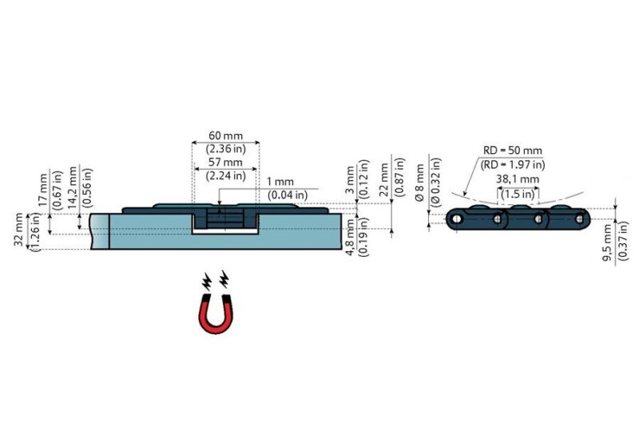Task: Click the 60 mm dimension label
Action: (x=225, y=136)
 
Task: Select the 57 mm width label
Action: (x=225, y=162)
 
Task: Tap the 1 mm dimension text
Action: (x=280, y=182)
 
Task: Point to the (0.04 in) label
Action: (x=288, y=195)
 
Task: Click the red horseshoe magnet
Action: (x=216, y=313)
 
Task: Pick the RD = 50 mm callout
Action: (x=513, y=151)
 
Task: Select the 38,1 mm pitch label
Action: (x=518, y=179)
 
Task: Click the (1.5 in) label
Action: (x=518, y=194)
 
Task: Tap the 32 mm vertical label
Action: (x=19, y=230)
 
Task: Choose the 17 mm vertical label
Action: (x=43, y=191)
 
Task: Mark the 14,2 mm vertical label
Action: (x=73, y=188)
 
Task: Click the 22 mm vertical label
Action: (x=384, y=179)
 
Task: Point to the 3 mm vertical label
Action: (x=350, y=179)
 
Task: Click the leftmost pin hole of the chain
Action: (x=457, y=219)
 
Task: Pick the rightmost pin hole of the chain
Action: (x=579, y=219)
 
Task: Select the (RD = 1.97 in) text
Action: (x=513, y=165)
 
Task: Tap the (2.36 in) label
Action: (x=226, y=148)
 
